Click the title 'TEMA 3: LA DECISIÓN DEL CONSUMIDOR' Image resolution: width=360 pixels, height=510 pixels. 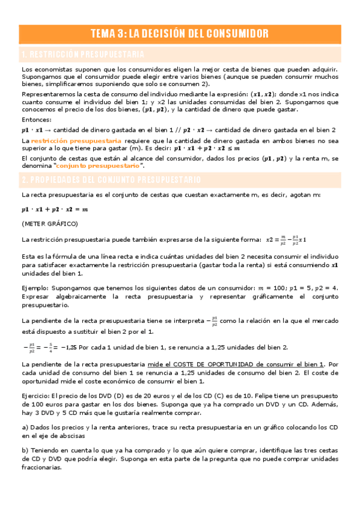180,33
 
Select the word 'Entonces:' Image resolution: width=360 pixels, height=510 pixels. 35,120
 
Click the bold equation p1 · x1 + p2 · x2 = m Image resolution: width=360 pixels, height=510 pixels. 54,209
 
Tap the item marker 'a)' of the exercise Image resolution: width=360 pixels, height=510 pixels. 25,428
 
